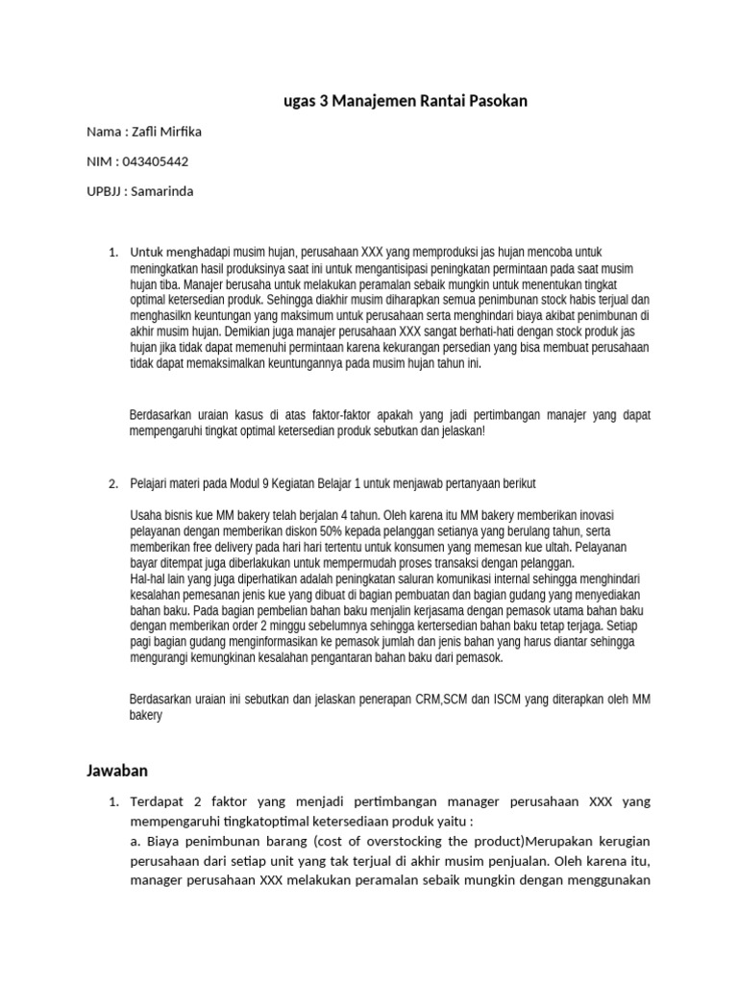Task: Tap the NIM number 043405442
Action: click(157, 160)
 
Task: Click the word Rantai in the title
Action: click(426, 100)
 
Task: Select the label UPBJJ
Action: click(104, 190)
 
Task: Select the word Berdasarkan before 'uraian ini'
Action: click(160, 700)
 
